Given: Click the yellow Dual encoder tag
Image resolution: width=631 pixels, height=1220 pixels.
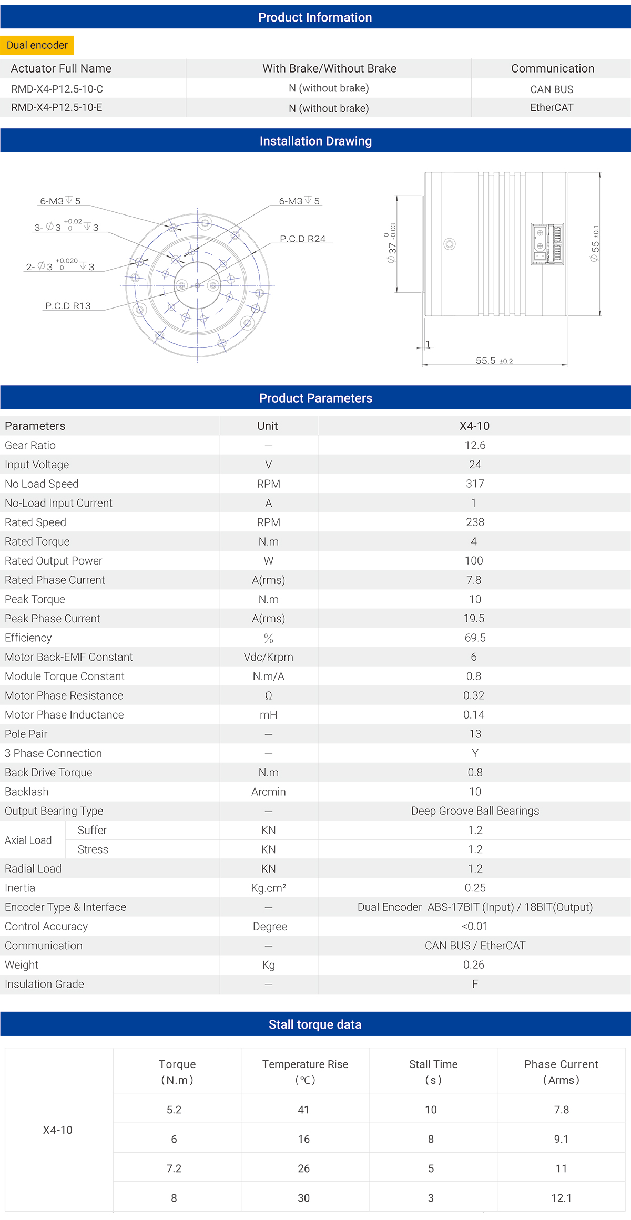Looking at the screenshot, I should pyautogui.click(x=37, y=45).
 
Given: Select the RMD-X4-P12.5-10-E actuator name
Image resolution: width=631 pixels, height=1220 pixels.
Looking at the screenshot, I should pyautogui.click(x=57, y=108).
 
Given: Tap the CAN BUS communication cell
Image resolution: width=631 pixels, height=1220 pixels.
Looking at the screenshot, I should pyautogui.click(x=552, y=89).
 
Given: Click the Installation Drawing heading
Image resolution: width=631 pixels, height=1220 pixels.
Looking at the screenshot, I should pyautogui.click(x=315, y=141).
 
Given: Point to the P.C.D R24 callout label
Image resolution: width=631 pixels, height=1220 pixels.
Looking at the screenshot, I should pyautogui.click(x=302, y=239).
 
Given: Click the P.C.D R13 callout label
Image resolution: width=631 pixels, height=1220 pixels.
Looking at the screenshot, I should pyautogui.click(x=68, y=306).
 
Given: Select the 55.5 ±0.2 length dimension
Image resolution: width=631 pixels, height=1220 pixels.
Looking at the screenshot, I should pyautogui.click(x=494, y=361).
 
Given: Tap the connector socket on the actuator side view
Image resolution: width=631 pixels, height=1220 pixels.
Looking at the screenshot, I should pyautogui.click(x=547, y=244).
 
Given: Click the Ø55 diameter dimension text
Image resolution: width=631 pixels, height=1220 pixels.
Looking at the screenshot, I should pyautogui.click(x=595, y=244).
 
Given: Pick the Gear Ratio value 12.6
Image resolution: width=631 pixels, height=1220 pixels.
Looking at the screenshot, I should pyautogui.click(x=475, y=445).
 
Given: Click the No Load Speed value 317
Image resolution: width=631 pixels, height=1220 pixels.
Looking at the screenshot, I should pyautogui.click(x=475, y=484).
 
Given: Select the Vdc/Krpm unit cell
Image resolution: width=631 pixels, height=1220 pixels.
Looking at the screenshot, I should pyautogui.click(x=268, y=657).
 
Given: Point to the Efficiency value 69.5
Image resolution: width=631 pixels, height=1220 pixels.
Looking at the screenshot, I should pyautogui.click(x=475, y=638).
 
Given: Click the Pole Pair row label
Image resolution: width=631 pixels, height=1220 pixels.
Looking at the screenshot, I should pyautogui.click(x=26, y=734).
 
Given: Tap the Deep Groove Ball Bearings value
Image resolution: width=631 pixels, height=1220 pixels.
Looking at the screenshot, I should pyautogui.click(x=475, y=811).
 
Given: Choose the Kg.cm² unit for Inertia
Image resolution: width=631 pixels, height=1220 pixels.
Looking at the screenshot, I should pyautogui.click(x=268, y=888).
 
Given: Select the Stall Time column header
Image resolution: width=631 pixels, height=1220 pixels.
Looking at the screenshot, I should pyautogui.click(x=433, y=1071).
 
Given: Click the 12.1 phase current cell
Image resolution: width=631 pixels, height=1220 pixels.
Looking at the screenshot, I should pyautogui.click(x=561, y=1198).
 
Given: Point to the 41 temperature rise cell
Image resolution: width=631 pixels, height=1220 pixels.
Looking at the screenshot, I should pyautogui.click(x=303, y=1110).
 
